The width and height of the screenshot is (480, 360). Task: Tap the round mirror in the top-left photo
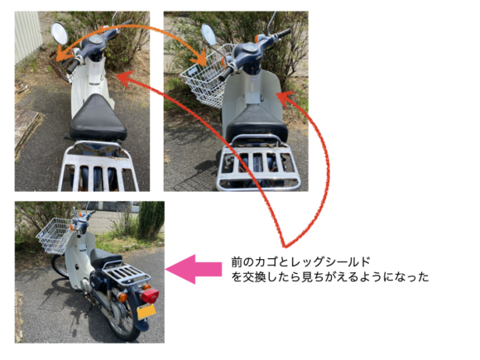click(x=59, y=34)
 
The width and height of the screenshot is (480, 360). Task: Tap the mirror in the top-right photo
click(x=209, y=35)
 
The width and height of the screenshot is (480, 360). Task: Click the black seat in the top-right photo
click(x=257, y=129)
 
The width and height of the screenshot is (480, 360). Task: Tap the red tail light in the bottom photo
click(x=150, y=295)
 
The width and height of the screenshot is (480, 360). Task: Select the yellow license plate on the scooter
click(x=146, y=312)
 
